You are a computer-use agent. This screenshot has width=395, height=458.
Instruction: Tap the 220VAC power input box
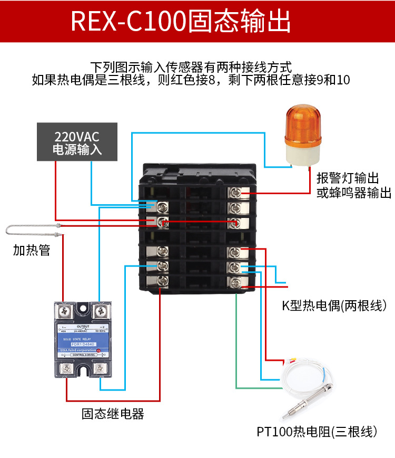[77, 142]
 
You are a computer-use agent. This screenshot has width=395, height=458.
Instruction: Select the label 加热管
[32, 250]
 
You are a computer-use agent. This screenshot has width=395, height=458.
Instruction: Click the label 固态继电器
[113, 413]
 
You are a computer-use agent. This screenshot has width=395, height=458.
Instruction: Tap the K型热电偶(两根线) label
[335, 306]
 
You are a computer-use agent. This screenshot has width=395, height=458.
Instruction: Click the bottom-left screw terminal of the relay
[66, 370]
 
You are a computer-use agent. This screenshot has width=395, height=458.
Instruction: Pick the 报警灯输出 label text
[348, 178]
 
